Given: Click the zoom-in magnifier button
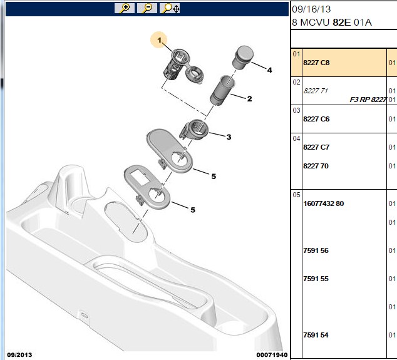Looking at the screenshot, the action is tap(125, 8).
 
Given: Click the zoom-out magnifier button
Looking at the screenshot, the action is tap(147, 8).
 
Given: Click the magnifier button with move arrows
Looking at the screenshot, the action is tap(170, 8).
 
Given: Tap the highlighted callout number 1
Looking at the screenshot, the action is tap(159, 40).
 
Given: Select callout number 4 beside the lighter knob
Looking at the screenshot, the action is tap(269, 70).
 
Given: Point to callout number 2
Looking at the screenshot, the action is tap(249, 99).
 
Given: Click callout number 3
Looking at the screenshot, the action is tap(229, 137).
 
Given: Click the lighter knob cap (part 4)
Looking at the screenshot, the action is tap(242, 57).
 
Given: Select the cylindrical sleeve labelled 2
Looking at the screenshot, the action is tap(222, 90).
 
